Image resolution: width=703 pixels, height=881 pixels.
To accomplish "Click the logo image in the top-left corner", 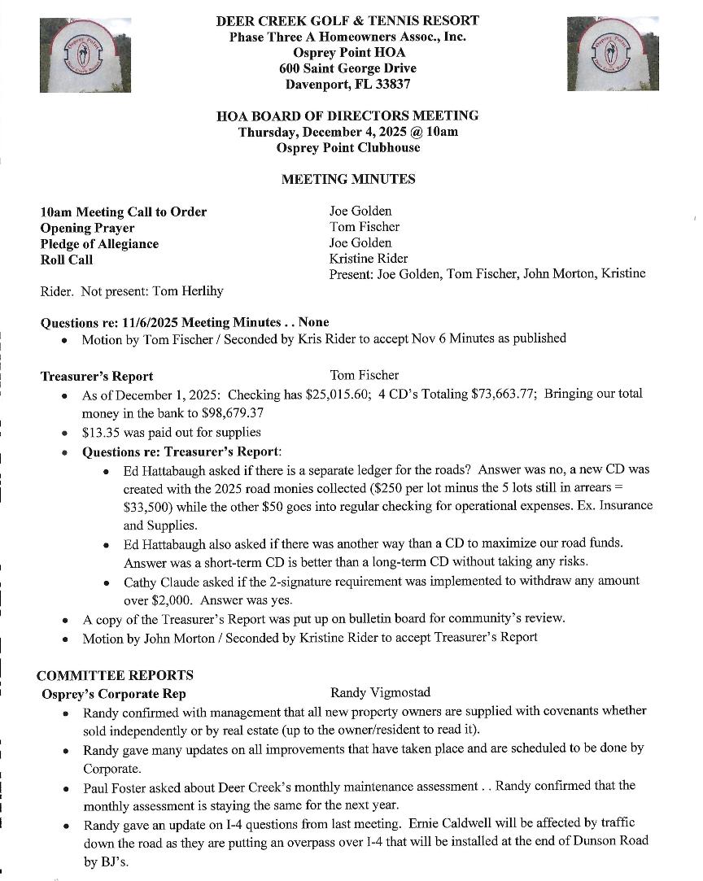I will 85,55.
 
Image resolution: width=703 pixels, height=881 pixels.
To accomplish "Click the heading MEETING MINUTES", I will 347,179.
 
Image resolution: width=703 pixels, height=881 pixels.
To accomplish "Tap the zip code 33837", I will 388,84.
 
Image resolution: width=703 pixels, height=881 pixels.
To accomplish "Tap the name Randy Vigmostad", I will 380,693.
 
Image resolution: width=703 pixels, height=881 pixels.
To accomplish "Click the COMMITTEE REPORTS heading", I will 115,675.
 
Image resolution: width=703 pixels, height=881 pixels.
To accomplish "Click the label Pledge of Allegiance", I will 99,244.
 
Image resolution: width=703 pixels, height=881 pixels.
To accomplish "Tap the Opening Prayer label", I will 87,228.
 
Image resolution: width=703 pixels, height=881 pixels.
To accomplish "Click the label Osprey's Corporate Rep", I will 114,694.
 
